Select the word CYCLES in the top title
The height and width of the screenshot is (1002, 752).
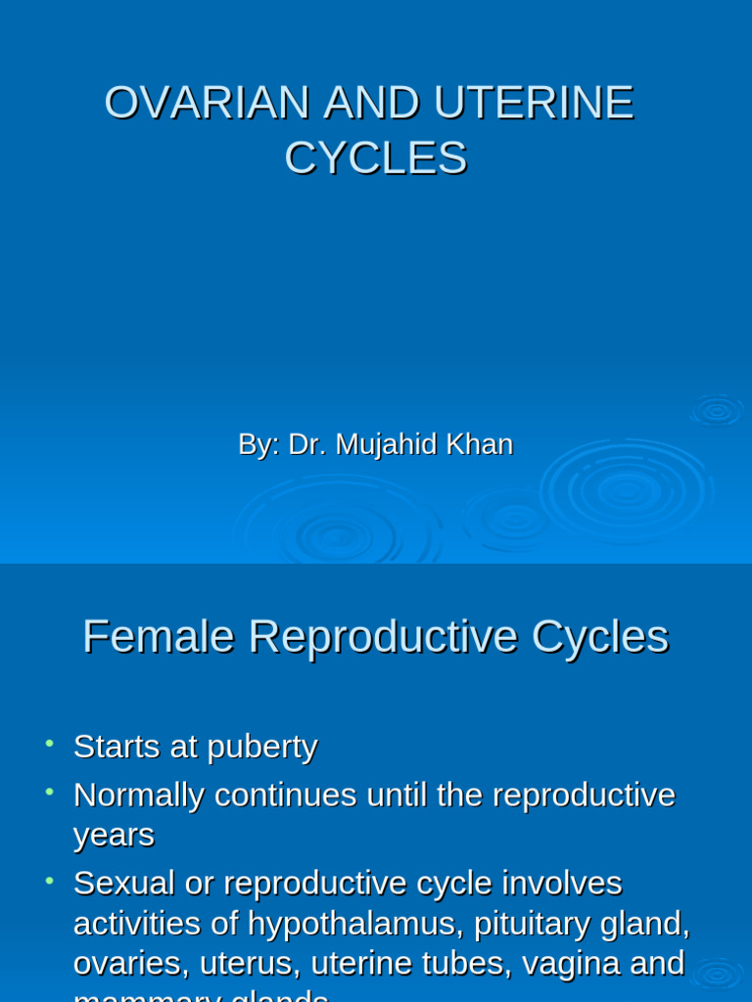376,159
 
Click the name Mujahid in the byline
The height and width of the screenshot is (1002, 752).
385,444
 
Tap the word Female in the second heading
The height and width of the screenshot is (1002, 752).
158,637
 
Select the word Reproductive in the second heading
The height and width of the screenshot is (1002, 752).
382,637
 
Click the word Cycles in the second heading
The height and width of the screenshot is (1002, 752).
600,637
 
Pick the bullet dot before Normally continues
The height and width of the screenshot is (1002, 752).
48,791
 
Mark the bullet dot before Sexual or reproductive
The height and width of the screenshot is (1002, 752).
48,879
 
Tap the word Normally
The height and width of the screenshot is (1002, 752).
138,795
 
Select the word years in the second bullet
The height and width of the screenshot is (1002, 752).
114,835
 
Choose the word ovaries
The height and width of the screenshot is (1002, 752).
130,963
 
